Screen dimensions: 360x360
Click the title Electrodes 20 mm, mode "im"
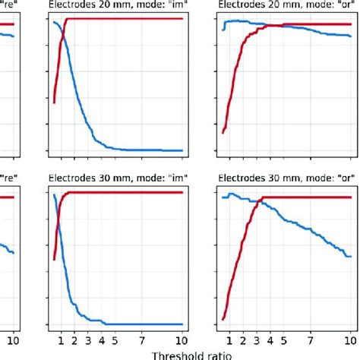pos(115,5)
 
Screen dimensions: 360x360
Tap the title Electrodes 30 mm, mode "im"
pos(115,180)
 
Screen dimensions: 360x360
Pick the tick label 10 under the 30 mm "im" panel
pos(182,339)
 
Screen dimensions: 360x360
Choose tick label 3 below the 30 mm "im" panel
pos(88,339)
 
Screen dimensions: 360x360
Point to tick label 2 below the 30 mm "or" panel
pos(243,339)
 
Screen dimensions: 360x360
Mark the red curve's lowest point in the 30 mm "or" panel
pos(223,320)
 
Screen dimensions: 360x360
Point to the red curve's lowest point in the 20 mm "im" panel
pos(54,102)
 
